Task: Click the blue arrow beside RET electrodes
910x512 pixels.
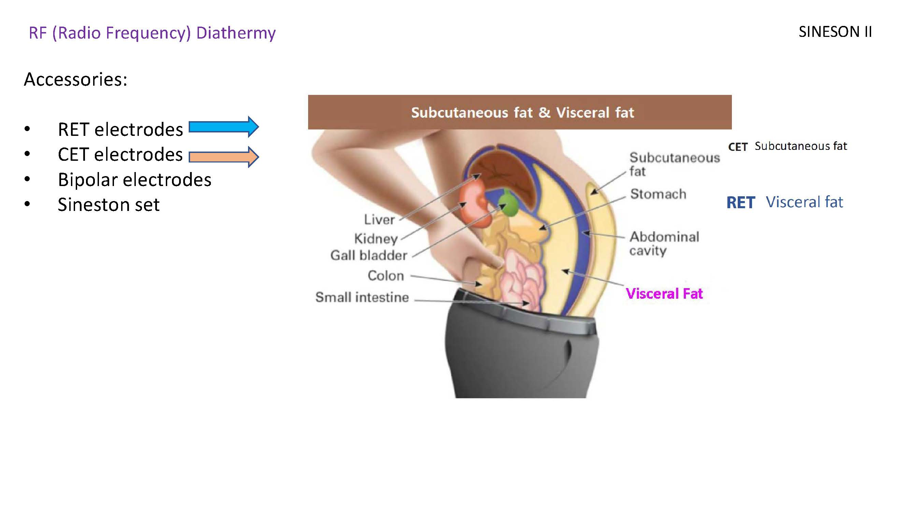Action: (223, 127)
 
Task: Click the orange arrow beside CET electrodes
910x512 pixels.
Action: (223, 157)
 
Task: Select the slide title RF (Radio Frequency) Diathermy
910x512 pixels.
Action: (152, 33)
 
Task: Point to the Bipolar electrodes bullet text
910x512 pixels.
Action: (134, 180)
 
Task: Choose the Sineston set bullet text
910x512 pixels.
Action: (109, 204)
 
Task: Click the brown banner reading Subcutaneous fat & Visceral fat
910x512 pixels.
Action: (519, 112)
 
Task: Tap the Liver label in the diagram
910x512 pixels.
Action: (379, 219)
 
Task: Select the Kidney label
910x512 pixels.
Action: (376, 239)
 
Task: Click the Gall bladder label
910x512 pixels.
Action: (369, 255)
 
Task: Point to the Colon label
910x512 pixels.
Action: (386, 275)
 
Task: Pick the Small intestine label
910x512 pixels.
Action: (362, 297)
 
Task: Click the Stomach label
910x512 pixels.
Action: (658, 194)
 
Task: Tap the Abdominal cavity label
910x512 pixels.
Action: (664, 243)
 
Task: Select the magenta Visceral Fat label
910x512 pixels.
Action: (664, 294)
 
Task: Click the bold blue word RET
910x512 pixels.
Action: (740, 203)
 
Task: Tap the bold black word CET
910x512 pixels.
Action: (738, 147)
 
